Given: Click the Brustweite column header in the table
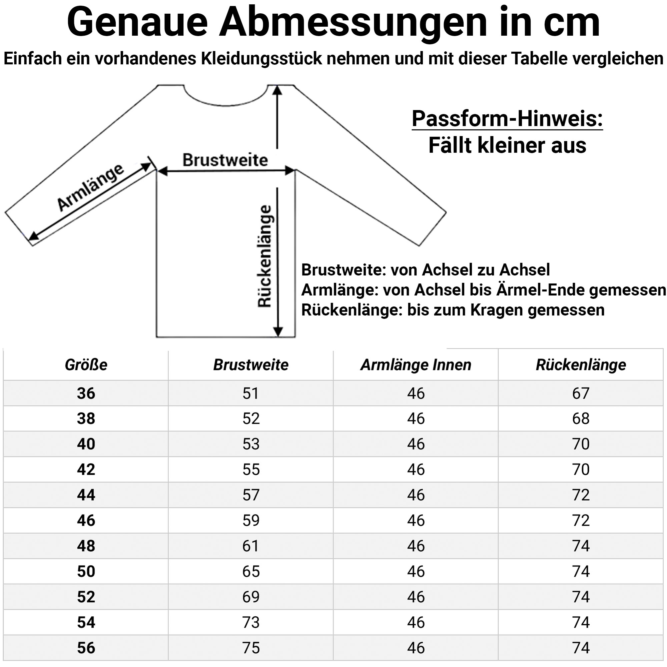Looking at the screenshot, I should coord(251,365).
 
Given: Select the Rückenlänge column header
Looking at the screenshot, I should coord(581,365).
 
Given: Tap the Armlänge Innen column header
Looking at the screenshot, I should coord(416,365).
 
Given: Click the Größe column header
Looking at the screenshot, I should coord(86,365).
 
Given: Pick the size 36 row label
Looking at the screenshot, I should coord(86,393).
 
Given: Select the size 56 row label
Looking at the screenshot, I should coord(86,648).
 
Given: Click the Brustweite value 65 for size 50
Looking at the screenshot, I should coord(251,571).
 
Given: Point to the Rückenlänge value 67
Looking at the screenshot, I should coord(581,393).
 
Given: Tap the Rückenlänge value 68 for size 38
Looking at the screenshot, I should coord(581,419).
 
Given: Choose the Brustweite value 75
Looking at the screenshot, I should coord(251,648).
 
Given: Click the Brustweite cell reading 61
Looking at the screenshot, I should coord(251,546).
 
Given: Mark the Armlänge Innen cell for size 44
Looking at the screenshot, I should coord(416,495).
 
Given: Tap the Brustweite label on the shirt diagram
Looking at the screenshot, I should coord(225,160).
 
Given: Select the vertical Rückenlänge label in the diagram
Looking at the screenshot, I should coord(265,256).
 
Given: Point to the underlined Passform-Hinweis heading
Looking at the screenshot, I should coord(507,119).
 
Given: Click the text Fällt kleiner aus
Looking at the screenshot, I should coord(507,145).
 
